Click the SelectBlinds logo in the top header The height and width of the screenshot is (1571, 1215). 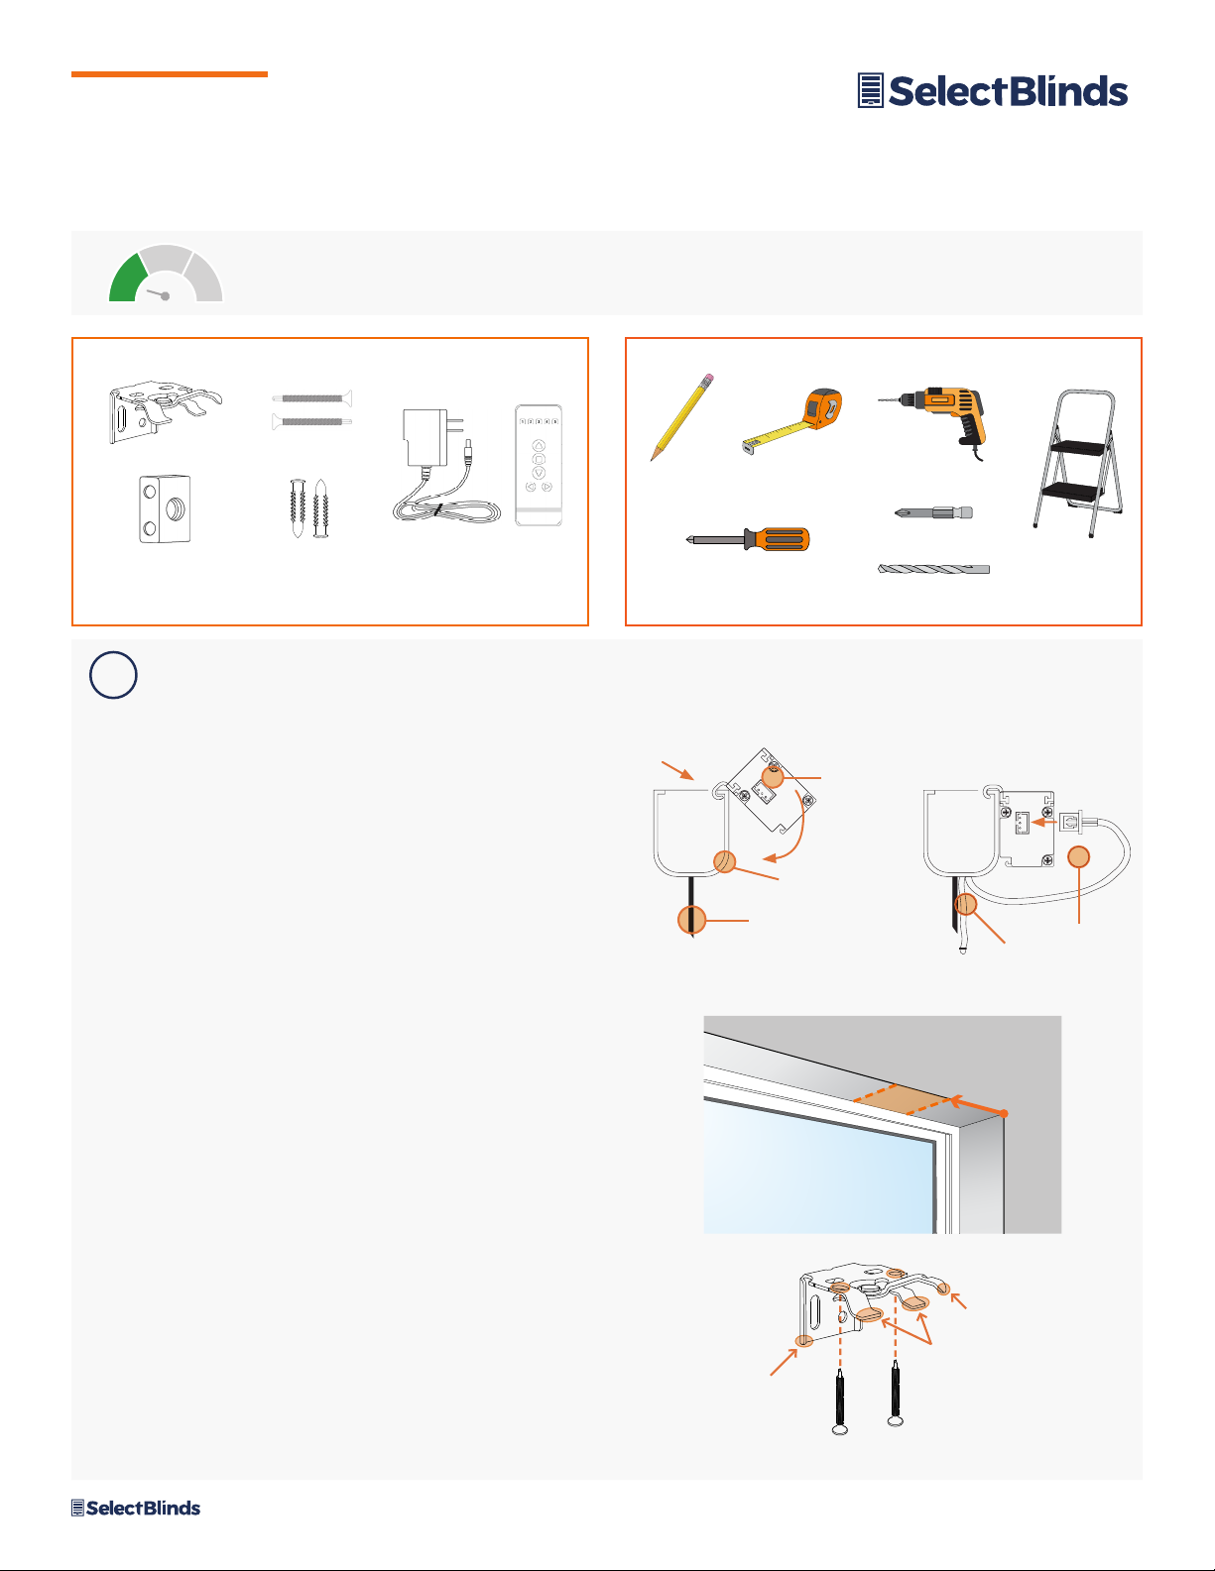coord(992,91)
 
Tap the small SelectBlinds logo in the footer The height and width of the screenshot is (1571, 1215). coord(136,1509)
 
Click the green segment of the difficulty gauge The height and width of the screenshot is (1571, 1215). coord(128,279)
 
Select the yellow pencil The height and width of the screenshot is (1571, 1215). coord(681,417)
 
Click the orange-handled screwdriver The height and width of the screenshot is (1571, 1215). coord(748,539)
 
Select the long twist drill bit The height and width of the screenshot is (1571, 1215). coord(933,569)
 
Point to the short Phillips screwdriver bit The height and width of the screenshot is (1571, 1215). coord(933,512)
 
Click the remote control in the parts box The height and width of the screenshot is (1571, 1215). coord(539,465)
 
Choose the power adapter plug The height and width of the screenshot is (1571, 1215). coord(445,466)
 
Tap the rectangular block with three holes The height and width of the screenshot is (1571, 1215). coord(165,508)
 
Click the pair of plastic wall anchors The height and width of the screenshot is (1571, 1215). coord(308,507)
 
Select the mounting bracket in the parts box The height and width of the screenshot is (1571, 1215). coord(166,411)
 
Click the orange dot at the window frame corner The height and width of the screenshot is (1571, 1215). coord(1003,1114)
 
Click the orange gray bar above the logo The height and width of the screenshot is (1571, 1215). coord(170,73)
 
